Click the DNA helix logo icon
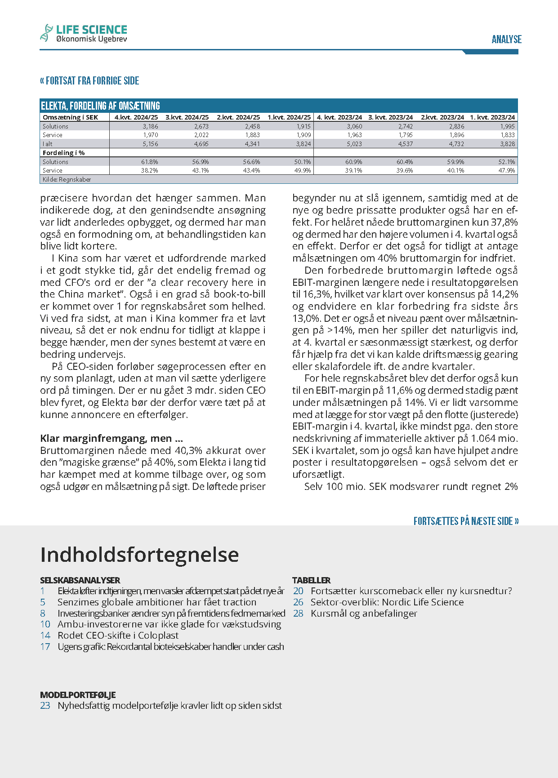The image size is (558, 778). [46, 33]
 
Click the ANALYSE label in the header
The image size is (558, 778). [506, 40]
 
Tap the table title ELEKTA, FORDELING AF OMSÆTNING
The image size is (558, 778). [100, 106]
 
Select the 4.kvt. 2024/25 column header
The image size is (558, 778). [136, 117]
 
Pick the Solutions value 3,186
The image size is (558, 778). [151, 126]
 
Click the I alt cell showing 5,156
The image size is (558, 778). [151, 144]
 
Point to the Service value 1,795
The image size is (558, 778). [405, 135]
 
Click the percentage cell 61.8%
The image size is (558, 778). [150, 162]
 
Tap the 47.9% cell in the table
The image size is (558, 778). [507, 170]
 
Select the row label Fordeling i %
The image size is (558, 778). [64, 153]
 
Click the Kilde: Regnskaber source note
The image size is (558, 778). [67, 179]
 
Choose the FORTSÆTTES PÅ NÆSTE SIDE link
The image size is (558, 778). [466, 521]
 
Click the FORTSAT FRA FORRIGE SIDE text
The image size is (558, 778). [89, 81]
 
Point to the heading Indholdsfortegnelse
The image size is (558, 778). [139, 555]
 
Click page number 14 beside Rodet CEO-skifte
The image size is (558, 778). [45, 636]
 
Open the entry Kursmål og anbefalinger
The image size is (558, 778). [364, 614]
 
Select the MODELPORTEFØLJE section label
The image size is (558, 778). [78, 695]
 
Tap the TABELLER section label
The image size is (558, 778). [311, 580]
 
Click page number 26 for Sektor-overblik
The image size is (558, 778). [298, 602]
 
